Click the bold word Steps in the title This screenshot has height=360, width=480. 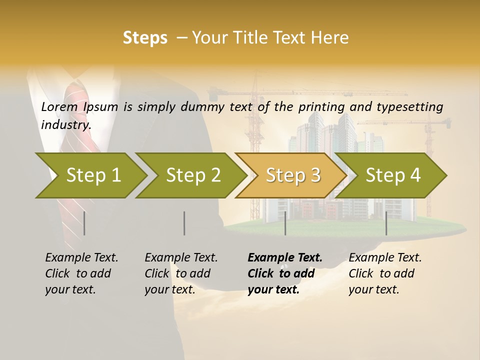[x=145, y=38]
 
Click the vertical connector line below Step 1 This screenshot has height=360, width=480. [x=84, y=223]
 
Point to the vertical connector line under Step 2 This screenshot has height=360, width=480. [x=184, y=223]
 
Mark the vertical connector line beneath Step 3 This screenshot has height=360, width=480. [x=285, y=223]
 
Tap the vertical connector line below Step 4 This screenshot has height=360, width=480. [x=386, y=223]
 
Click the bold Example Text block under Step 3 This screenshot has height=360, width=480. [x=285, y=273]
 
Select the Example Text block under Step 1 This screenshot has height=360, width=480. [x=81, y=273]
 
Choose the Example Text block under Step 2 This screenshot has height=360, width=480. [x=181, y=273]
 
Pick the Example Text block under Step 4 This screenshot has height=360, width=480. [x=385, y=273]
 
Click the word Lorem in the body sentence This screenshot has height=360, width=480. [x=59, y=107]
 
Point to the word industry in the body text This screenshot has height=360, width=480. [x=65, y=124]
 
